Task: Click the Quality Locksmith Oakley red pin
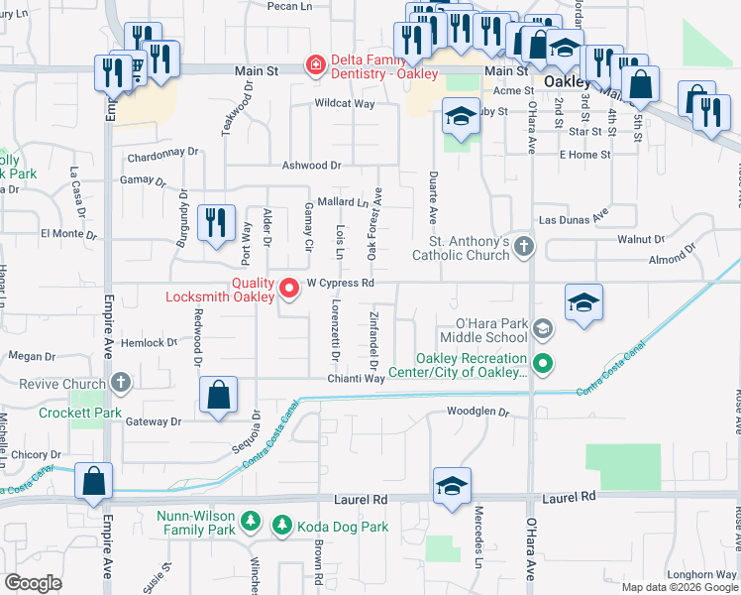tap(289, 289)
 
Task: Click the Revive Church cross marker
tap(121, 383)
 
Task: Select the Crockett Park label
tap(66, 413)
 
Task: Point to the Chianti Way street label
tap(358, 378)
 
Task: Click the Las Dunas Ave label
tap(572, 219)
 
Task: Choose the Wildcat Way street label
tap(344, 103)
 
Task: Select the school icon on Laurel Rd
tap(452, 487)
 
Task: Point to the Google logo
tap(33, 583)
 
